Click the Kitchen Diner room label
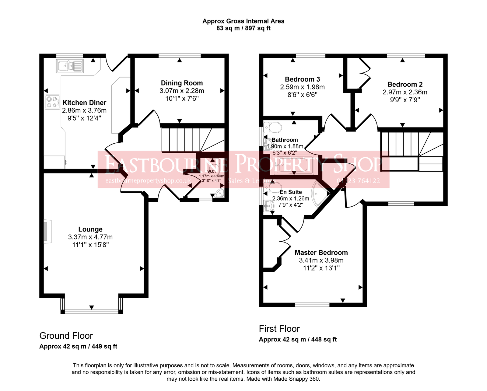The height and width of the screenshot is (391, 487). tap(84, 103)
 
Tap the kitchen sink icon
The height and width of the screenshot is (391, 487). tap(70, 66)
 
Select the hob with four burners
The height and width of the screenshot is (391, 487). tap(52, 102)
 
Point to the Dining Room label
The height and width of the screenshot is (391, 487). tap(182, 83)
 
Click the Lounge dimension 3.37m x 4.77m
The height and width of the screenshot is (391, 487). tap(90, 237)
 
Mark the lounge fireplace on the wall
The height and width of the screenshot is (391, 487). tap(47, 232)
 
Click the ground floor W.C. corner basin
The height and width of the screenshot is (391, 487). tap(220, 194)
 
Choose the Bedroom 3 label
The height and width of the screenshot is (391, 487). tap(302, 79)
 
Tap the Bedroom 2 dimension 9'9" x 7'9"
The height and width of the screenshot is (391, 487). tap(405, 100)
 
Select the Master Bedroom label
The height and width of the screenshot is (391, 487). tap(321, 253)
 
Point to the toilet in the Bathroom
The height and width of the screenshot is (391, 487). tap(273, 127)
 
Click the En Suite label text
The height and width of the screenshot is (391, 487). tap(291, 192)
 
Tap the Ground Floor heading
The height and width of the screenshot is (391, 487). tap(66, 336)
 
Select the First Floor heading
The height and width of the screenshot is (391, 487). tap(279, 329)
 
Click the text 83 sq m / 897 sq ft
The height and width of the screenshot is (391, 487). tap(243, 28)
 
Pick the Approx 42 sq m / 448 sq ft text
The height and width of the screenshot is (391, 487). tap(298, 340)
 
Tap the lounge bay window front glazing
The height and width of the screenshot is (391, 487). tap(91, 311)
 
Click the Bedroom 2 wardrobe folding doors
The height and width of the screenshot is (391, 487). tap(365, 73)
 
